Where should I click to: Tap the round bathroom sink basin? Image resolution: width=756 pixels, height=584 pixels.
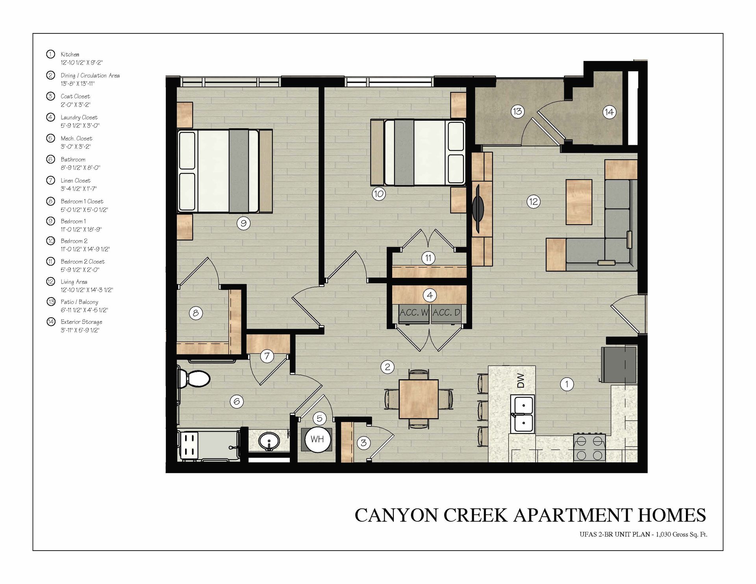[x=269, y=440]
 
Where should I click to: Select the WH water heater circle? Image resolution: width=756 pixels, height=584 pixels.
[x=317, y=439]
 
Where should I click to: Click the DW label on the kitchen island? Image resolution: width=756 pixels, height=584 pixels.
[x=521, y=380]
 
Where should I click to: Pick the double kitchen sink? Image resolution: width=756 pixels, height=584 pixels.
[x=523, y=414]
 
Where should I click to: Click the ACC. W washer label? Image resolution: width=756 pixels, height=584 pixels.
[x=413, y=313]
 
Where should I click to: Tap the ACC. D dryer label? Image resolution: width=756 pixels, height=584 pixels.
[x=446, y=313]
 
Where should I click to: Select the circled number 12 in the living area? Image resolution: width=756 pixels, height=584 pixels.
[x=533, y=202]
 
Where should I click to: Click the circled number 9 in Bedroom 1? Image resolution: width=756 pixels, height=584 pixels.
[x=243, y=224]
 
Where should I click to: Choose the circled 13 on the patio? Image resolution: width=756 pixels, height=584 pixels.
[x=517, y=111]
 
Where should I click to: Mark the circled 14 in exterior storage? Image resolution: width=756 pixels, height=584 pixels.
[x=609, y=112]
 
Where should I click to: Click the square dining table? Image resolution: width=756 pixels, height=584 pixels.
[x=419, y=399]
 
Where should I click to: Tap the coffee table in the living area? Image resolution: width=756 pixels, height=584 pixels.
[x=579, y=202]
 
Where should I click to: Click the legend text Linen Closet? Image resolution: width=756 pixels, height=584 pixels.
[x=76, y=181]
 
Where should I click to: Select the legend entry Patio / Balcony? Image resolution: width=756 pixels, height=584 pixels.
[x=80, y=302]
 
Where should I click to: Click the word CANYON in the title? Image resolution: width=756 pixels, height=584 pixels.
[x=397, y=515]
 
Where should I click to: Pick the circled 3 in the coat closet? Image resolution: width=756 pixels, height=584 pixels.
[x=363, y=443]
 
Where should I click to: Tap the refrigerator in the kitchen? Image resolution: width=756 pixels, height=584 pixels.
[x=619, y=364]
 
